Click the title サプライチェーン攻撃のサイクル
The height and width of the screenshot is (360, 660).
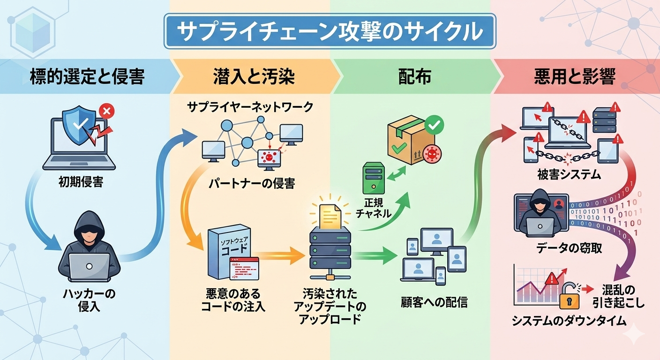[x=330, y=31]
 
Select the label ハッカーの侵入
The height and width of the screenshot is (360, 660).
[x=89, y=300]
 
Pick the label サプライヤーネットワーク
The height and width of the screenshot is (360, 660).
[x=250, y=107]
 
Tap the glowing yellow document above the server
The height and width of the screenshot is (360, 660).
[x=330, y=215]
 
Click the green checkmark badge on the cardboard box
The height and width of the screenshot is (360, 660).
[x=434, y=125]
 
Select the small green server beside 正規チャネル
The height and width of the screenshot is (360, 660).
[x=373, y=178]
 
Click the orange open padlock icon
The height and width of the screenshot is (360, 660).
[x=570, y=296]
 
